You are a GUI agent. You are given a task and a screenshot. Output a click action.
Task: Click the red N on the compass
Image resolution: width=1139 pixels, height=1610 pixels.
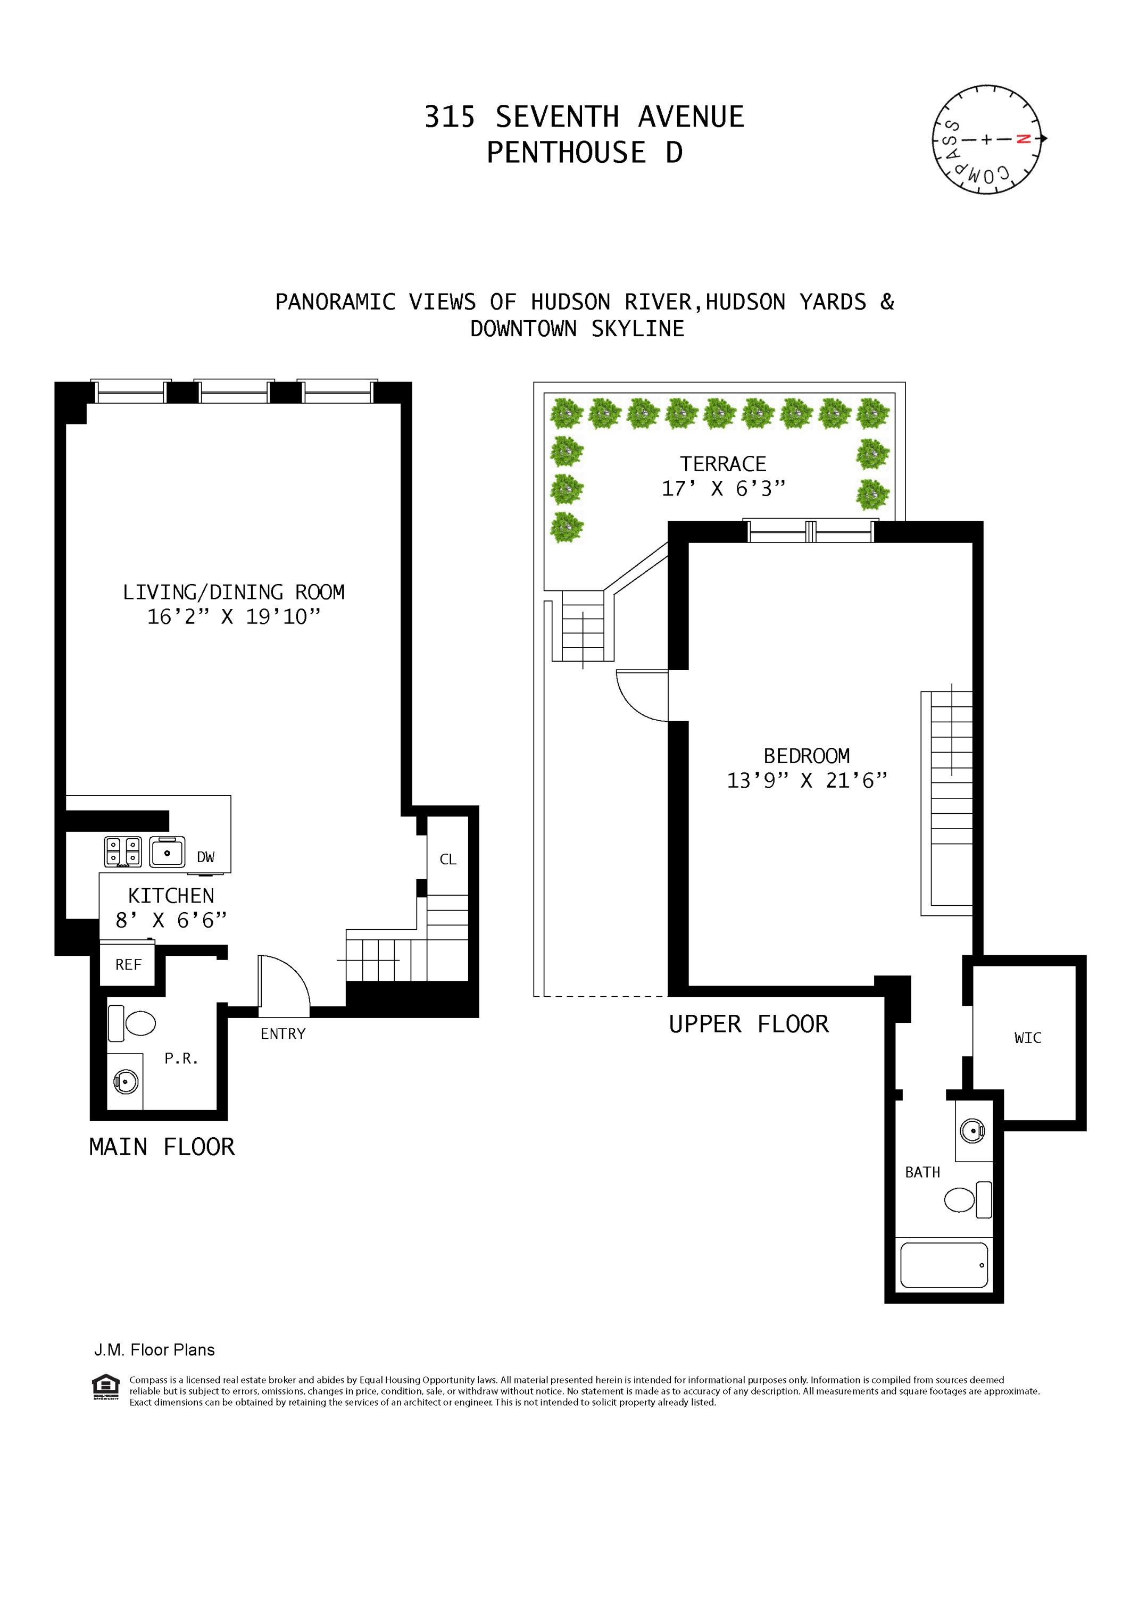point(1022,139)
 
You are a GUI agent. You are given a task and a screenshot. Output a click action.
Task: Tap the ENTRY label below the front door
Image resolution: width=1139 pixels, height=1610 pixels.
point(282,1033)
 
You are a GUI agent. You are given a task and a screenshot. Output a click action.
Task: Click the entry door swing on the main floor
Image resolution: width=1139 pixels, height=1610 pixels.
point(284,982)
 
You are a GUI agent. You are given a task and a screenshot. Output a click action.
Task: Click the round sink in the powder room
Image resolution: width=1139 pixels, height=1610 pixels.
point(126,1083)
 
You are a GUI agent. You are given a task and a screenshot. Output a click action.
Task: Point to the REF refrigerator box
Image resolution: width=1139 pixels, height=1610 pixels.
point(128,965)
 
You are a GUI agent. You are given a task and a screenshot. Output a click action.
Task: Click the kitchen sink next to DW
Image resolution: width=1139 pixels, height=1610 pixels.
point(167,852)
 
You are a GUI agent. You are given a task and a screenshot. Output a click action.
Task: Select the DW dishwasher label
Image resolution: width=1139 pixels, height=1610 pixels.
point(205,857)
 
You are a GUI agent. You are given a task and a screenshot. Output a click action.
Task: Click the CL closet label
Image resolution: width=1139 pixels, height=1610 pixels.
point(447,859)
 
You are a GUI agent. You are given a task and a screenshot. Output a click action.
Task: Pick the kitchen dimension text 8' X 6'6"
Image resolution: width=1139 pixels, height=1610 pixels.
point(171,920)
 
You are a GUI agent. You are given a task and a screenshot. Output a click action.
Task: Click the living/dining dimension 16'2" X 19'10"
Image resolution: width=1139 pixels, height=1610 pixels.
point(234,616)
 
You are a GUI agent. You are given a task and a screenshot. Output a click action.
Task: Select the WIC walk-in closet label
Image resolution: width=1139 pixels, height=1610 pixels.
point(1027,1038)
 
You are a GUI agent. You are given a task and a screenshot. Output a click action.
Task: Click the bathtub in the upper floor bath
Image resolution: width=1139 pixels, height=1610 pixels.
point(943,1265)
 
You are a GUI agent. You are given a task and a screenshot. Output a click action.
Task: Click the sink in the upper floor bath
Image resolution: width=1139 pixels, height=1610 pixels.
point(972,1130)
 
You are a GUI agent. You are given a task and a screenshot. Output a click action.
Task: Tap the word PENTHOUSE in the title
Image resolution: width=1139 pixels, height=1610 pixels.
point(566,153)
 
